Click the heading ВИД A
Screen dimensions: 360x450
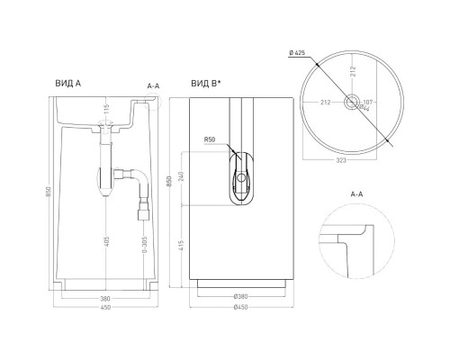(67, 83)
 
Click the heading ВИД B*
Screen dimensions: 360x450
(204, 83)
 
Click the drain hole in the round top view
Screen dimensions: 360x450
(348, 103)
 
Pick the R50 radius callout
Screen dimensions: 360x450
(209, 139)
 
